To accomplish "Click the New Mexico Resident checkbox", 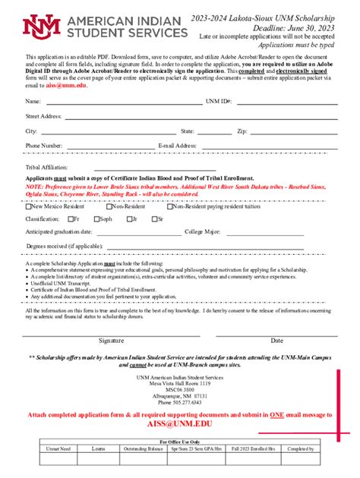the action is (28, 206).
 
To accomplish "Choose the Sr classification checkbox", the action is (152, 219).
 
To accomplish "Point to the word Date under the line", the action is (276, 341).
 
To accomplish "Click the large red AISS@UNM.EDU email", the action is (179, 425).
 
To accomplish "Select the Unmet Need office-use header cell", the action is (58, 448).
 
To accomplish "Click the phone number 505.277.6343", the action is (179, 402).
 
